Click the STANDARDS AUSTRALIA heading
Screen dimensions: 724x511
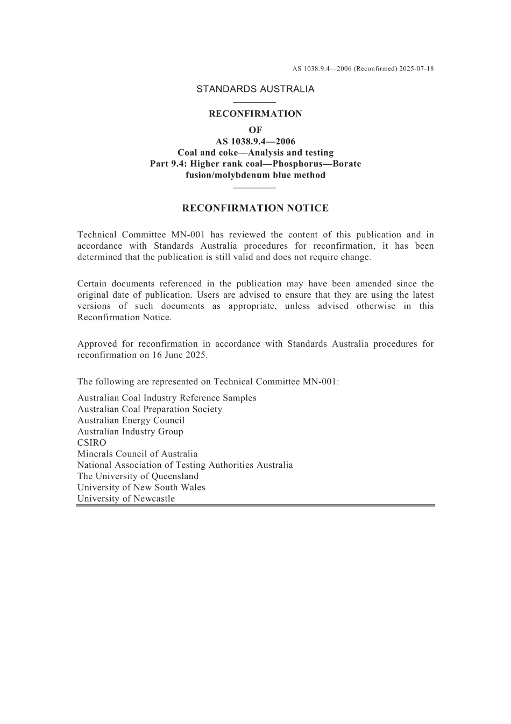click(x=255, y=89)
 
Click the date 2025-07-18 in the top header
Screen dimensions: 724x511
click(x=417, y=69)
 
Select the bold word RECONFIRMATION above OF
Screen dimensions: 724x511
click(x=255, y=114)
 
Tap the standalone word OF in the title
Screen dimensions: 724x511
click(x=255, y=130)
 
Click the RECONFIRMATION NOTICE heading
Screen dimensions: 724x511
click(x=255, y=208)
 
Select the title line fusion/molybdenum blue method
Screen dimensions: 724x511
click(x=255, y=175)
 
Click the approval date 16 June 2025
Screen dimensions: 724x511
click(x=181, y=355)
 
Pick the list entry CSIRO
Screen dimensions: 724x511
click(x=91, y=442)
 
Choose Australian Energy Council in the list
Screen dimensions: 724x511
click(x=131, y=420)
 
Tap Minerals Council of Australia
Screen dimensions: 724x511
click(x=137, y=454)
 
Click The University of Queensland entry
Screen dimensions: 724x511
click(x=138, y=476)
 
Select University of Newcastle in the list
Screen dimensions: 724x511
click(x=126, y=498)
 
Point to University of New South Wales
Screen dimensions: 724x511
click(x=141, y=488)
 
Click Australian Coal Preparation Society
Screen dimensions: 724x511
click(x=150, y=409)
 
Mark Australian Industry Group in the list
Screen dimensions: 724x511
click(x=130, y=432)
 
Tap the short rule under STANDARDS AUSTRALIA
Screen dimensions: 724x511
click(x=255, y=102)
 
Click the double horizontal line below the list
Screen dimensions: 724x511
click(x=255, y=505)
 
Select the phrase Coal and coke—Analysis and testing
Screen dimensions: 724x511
click(x=255, y=153)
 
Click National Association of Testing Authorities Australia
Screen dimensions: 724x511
click(x=185, y=465)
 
